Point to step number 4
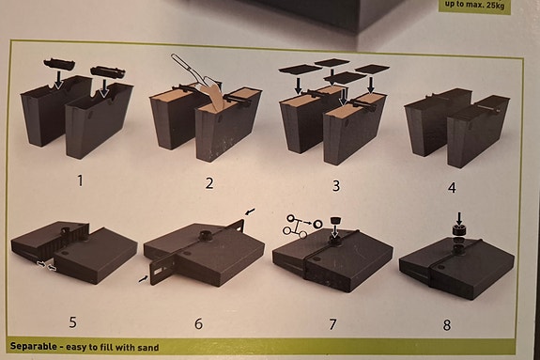(452, 187)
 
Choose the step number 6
(198, 323)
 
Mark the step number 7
(332, 324)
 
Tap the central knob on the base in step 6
(200, 232)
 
